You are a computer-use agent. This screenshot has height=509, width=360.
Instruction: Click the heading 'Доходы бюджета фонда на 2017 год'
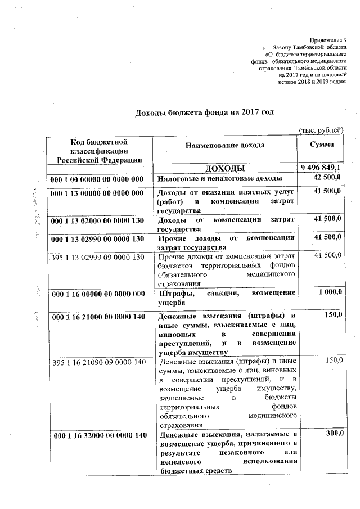[x=205, y=112]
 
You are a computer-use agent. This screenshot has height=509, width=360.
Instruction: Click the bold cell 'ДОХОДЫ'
[x=225, y=169]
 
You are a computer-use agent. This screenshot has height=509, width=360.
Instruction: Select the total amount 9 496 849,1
[x=321, y=169]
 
